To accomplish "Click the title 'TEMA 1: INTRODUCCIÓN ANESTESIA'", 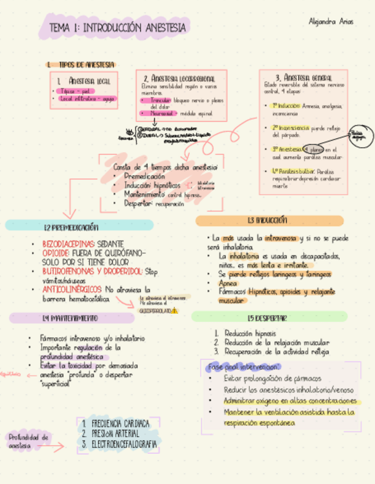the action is pyautogui.click(x=117, y=27).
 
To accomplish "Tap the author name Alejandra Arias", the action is pyautogui.click(x=330, y=22).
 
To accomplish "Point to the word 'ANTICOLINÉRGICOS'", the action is pyautogui.click(x=71, y=289).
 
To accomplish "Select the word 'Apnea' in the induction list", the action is pyautogui.click(x=228, y=283).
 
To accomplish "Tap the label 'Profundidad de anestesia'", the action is pyautogui.click(x=29, y=441).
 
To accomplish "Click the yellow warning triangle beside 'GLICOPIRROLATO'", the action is pyautogui.click(x=174, y=311).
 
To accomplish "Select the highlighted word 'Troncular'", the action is pyautogui.click(x=161, y=100).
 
